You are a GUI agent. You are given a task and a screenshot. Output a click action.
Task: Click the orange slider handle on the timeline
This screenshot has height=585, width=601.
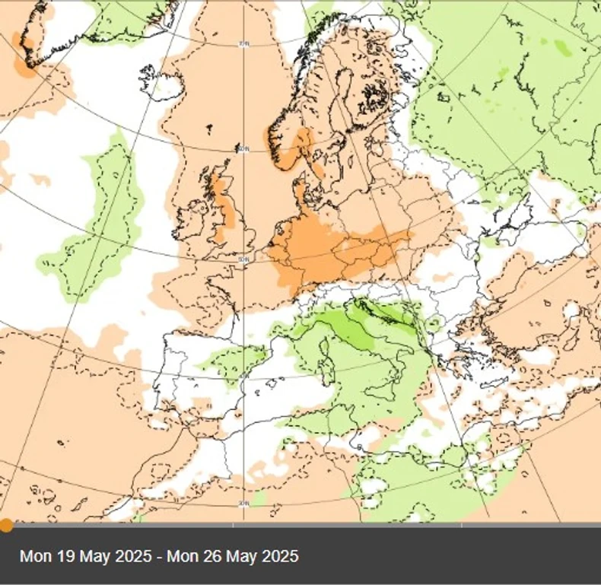[5, 525]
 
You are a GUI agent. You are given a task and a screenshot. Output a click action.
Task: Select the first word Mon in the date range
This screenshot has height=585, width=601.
[36, 556]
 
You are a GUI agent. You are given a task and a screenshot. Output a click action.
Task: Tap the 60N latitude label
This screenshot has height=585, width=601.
[243, 150]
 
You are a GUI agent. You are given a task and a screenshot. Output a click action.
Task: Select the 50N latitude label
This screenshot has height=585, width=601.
[243, 260]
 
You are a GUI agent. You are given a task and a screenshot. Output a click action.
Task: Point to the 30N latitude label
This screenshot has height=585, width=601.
[243, 504]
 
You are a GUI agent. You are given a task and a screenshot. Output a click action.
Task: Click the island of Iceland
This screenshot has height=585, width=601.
[157, 78]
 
